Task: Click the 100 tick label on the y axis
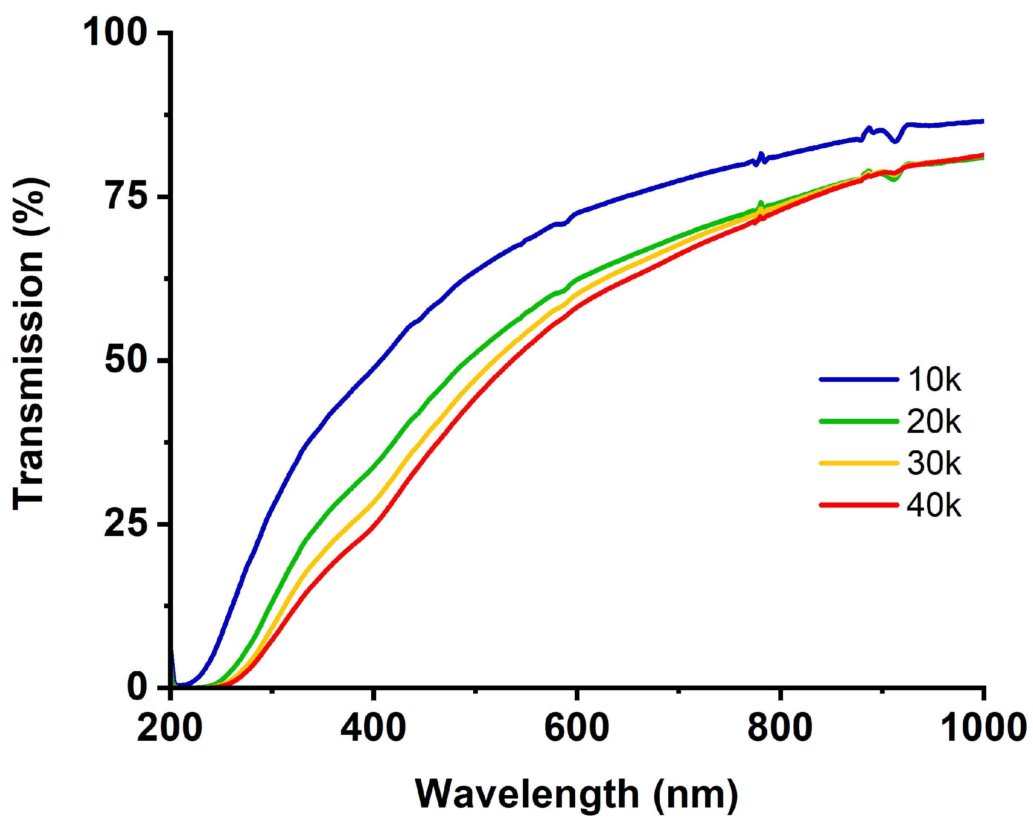115,33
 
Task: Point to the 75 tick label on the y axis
126,196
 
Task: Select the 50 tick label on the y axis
125,360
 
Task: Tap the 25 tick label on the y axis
125,524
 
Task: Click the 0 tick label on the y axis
137,687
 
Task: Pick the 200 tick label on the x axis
170,728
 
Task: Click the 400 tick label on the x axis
373,728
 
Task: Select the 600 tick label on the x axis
577,728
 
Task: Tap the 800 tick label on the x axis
780,728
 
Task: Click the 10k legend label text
934,380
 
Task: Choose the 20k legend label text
934,421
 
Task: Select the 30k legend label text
934,463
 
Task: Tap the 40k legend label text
934,505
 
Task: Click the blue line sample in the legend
859,380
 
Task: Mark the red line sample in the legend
859,505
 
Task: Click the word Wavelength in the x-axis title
527,794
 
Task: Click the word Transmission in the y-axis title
29,381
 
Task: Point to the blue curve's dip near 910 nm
895,141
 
